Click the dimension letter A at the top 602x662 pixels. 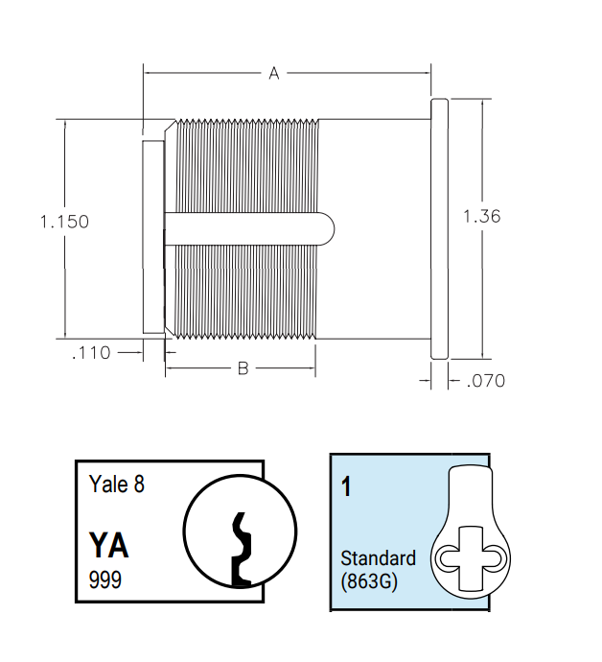[273, 73]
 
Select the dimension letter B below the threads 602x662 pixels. [243, 368]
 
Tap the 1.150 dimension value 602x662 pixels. [64, 222]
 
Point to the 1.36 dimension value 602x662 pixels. [481, 217]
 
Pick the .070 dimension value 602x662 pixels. [484, 381]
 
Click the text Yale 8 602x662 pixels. [116, 485]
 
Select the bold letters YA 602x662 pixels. [108, 545]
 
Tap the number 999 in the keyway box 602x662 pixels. [104, 580]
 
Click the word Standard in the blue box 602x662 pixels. [378, 558]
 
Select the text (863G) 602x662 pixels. [370, 579]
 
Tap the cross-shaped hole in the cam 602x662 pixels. [470, 557]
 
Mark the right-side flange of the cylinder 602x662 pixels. [439, 228]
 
